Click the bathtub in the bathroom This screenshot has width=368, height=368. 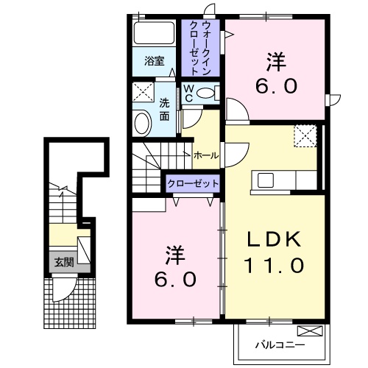pos(155,34)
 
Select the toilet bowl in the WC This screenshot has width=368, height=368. pos(209,93)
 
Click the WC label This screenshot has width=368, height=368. pos(188,93)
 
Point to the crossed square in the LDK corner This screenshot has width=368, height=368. pos(305,137)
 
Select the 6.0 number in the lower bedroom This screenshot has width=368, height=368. pos(175,280)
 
